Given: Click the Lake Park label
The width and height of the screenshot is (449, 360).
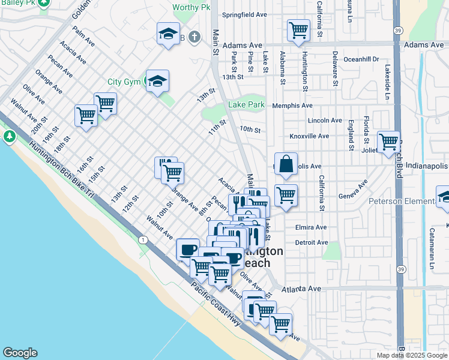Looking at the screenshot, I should [x=246, y=105].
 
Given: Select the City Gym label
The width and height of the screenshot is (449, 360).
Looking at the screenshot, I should [x=123, y=82].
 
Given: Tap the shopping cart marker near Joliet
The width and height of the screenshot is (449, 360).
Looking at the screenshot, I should [x=388, y=142].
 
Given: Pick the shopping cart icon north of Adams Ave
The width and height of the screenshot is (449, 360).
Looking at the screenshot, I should [x=298, y=29].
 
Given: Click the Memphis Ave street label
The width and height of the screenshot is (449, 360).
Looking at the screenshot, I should [x=292, y=106].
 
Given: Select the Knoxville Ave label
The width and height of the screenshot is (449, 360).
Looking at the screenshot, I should [x=309, y=136].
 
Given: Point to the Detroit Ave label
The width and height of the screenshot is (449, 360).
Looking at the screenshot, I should [x=312, y=242].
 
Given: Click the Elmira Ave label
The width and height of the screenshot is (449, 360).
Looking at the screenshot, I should [x=310, y=227].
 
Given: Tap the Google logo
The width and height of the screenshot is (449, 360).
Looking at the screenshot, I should [x=20, y=353].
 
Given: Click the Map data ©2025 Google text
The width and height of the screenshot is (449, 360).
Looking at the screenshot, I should [x=412, y=355].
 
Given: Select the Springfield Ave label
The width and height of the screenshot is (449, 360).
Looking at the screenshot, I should [x=243, y=14].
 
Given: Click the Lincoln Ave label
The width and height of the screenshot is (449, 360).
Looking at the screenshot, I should [x=325, y=121].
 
